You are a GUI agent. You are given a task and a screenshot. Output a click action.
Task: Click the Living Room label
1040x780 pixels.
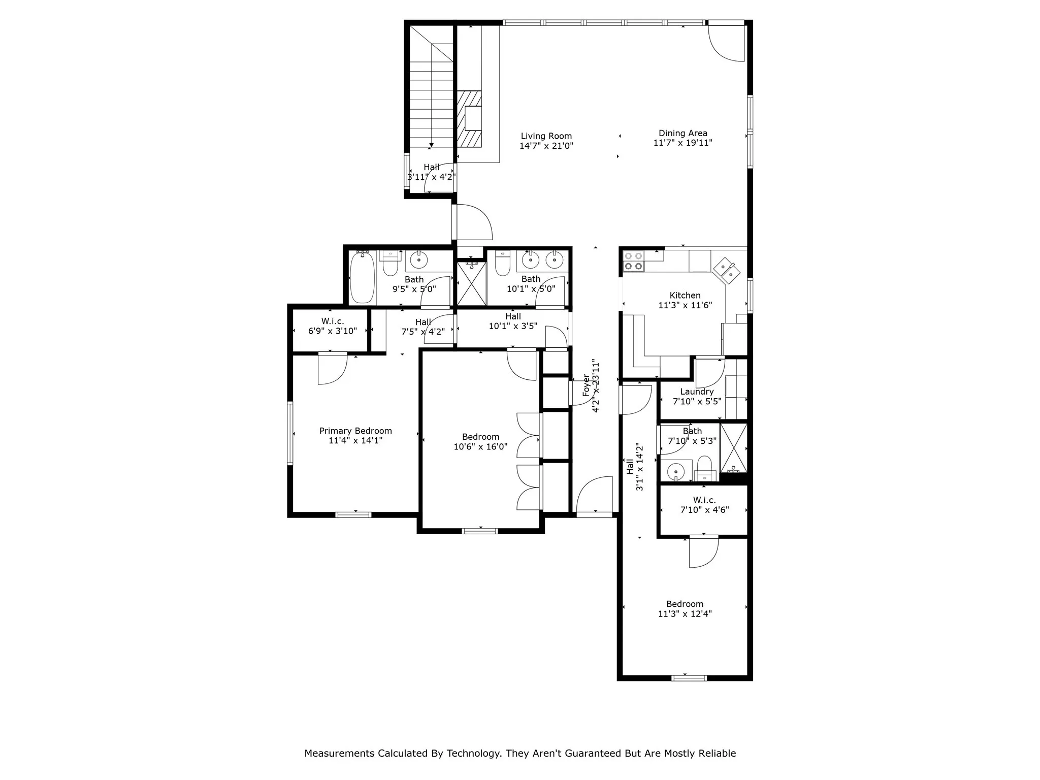[546, 136]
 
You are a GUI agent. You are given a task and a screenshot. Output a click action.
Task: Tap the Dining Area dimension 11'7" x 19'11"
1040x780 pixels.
[682, 143]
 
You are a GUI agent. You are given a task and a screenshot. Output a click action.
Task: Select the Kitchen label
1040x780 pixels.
[685, 296]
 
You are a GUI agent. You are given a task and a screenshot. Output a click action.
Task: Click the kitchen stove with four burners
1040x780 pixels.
[634, 261]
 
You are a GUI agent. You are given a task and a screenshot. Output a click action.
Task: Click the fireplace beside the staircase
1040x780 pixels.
[469, 119]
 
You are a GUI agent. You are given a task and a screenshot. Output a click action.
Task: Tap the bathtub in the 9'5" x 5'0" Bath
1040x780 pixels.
[362, 277]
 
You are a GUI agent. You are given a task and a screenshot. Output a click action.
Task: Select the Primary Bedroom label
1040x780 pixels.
[355, 431]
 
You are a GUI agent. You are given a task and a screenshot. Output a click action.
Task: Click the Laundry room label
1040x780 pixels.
[697, 392]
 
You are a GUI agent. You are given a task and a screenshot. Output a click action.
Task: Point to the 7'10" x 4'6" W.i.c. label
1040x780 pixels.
[704, 505]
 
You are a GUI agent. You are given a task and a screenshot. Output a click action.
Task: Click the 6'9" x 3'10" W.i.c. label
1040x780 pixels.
[332, 326]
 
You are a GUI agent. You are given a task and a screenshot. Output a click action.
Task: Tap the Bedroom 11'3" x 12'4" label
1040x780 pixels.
[685, 608]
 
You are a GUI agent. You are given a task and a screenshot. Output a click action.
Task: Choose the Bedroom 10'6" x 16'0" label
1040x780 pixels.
[480, 442]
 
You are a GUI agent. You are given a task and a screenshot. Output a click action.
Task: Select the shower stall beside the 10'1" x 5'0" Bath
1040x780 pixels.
[471, 283]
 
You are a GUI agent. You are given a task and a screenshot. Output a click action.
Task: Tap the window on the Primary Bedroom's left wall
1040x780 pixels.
[290, 433]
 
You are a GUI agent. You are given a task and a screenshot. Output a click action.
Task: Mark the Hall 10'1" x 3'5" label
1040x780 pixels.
[513, 321]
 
